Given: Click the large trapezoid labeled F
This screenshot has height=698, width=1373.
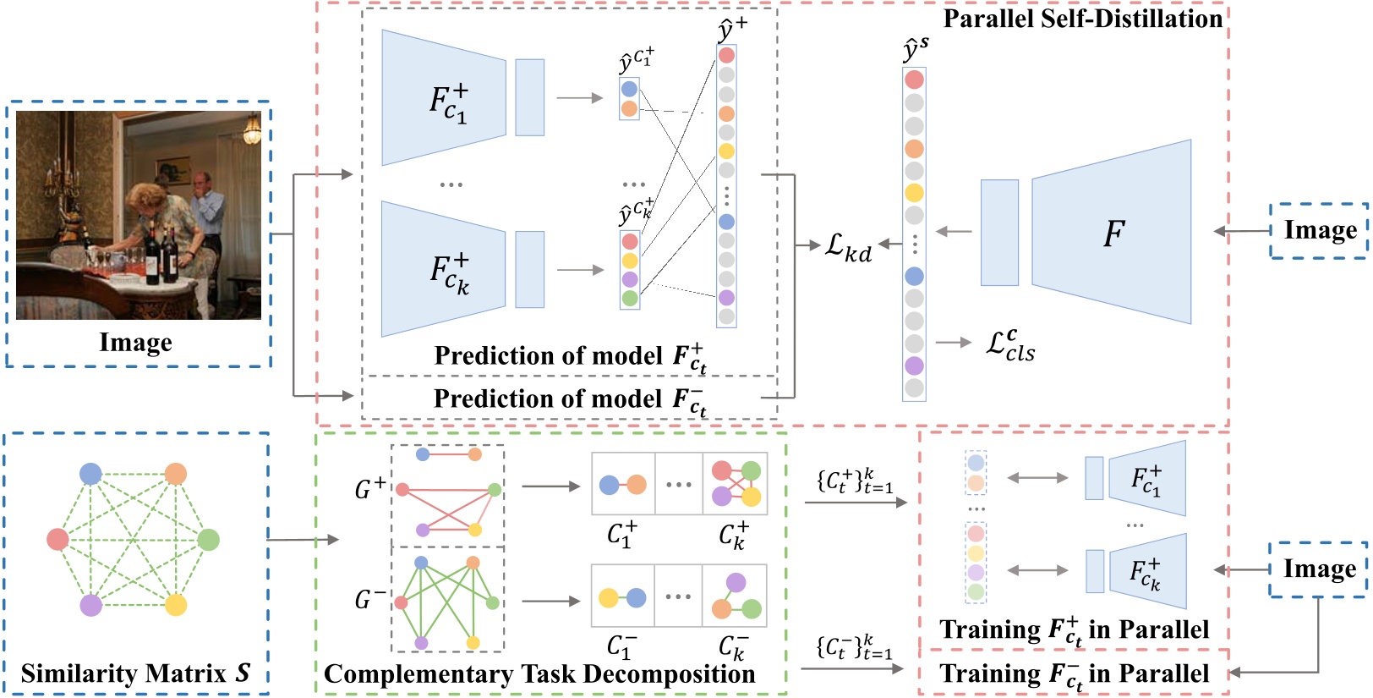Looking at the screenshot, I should [1113, 232].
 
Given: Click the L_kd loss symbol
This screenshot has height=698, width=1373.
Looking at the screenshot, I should [848, 246].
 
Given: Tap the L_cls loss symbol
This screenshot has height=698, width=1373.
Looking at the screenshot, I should [1010, 345].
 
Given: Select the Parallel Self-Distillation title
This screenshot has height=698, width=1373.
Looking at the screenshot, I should [1082, 19].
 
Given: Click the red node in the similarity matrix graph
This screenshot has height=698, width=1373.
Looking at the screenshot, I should [57, 539].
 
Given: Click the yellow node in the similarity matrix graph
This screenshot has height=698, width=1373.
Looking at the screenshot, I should [176, 605].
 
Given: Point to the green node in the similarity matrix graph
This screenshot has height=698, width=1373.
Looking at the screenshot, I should [208, 539].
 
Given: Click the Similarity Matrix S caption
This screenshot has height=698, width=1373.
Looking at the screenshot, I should [135, 673].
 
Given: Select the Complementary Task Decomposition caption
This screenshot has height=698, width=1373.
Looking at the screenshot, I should [539, 674].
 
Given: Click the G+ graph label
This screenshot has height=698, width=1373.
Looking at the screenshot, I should [370, 488].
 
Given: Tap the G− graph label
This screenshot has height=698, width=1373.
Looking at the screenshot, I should [370, 600].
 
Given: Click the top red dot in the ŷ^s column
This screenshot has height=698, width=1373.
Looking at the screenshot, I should [914, 80].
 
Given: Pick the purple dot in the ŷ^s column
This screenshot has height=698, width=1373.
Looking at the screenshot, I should [914, 365].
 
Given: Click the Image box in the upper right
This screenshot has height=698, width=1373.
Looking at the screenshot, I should [1320, 230].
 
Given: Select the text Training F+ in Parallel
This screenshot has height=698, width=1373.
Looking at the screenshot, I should [1074, 630].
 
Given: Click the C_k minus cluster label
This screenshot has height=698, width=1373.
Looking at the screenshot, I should [732, 648].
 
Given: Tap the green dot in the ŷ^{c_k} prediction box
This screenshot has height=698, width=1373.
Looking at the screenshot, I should [630, 298].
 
